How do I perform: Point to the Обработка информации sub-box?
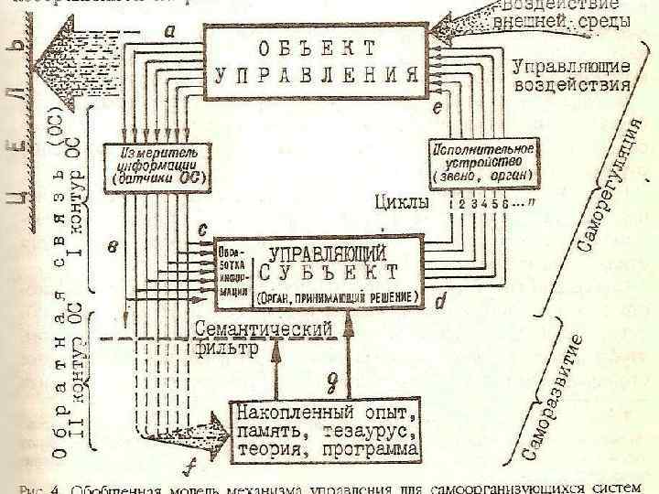tap(232, 272)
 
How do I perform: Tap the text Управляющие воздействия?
tap(571, 76)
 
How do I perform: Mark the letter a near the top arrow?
tap(171, 30)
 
